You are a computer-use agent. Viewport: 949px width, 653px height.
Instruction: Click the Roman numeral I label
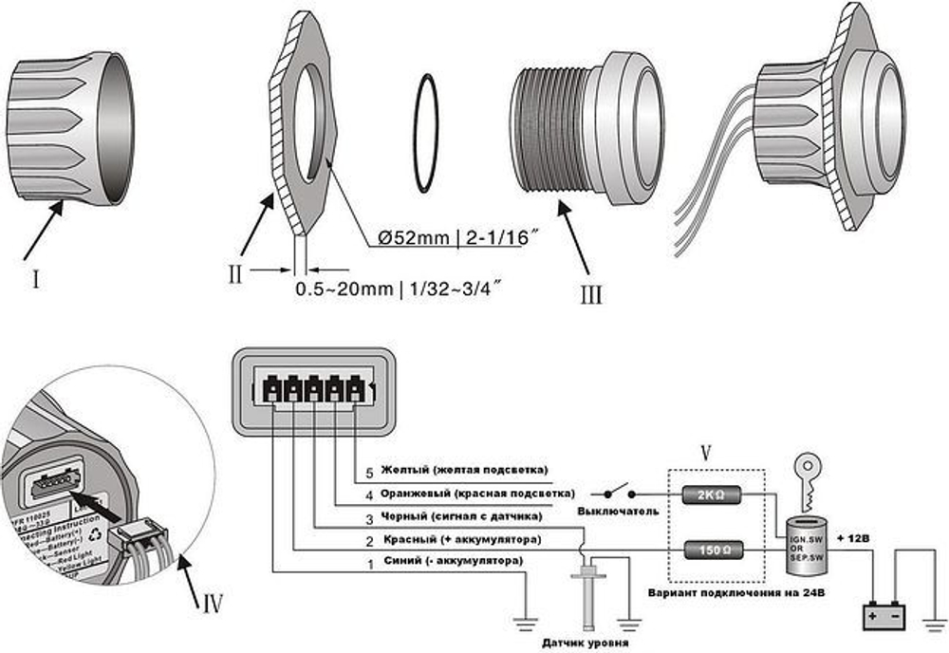pos(35,281)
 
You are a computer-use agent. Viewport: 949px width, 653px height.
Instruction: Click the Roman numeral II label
pos(237,274)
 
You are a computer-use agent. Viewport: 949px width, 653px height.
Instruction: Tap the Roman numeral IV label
pos(213,603)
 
